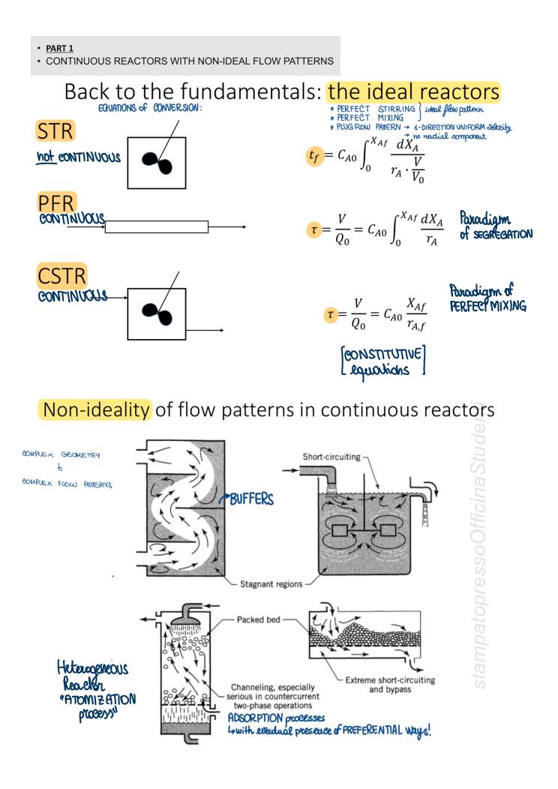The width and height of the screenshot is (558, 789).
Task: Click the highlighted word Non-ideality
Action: tap(105, 412)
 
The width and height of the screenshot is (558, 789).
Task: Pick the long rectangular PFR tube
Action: tap(157, 226)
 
